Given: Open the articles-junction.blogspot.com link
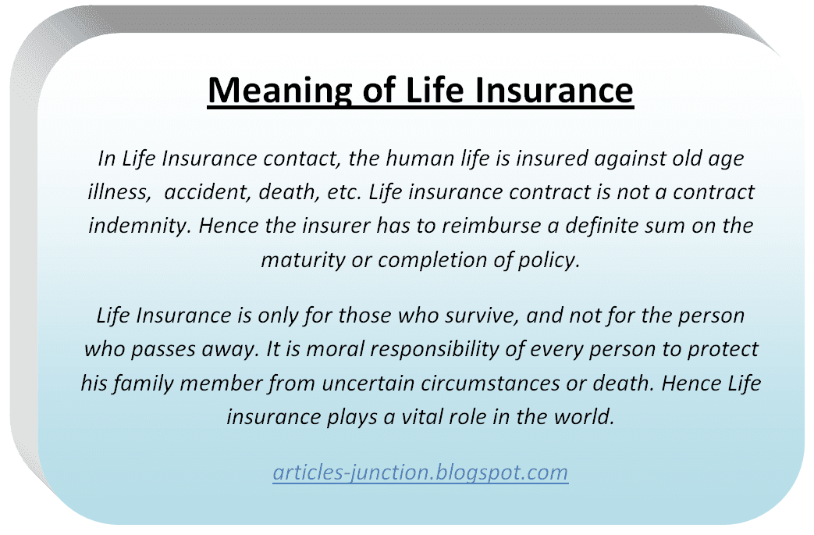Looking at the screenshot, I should pyautogui.click(x=420, y=472).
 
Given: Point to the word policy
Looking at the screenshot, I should pyautogui.click(x=553, y=259).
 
